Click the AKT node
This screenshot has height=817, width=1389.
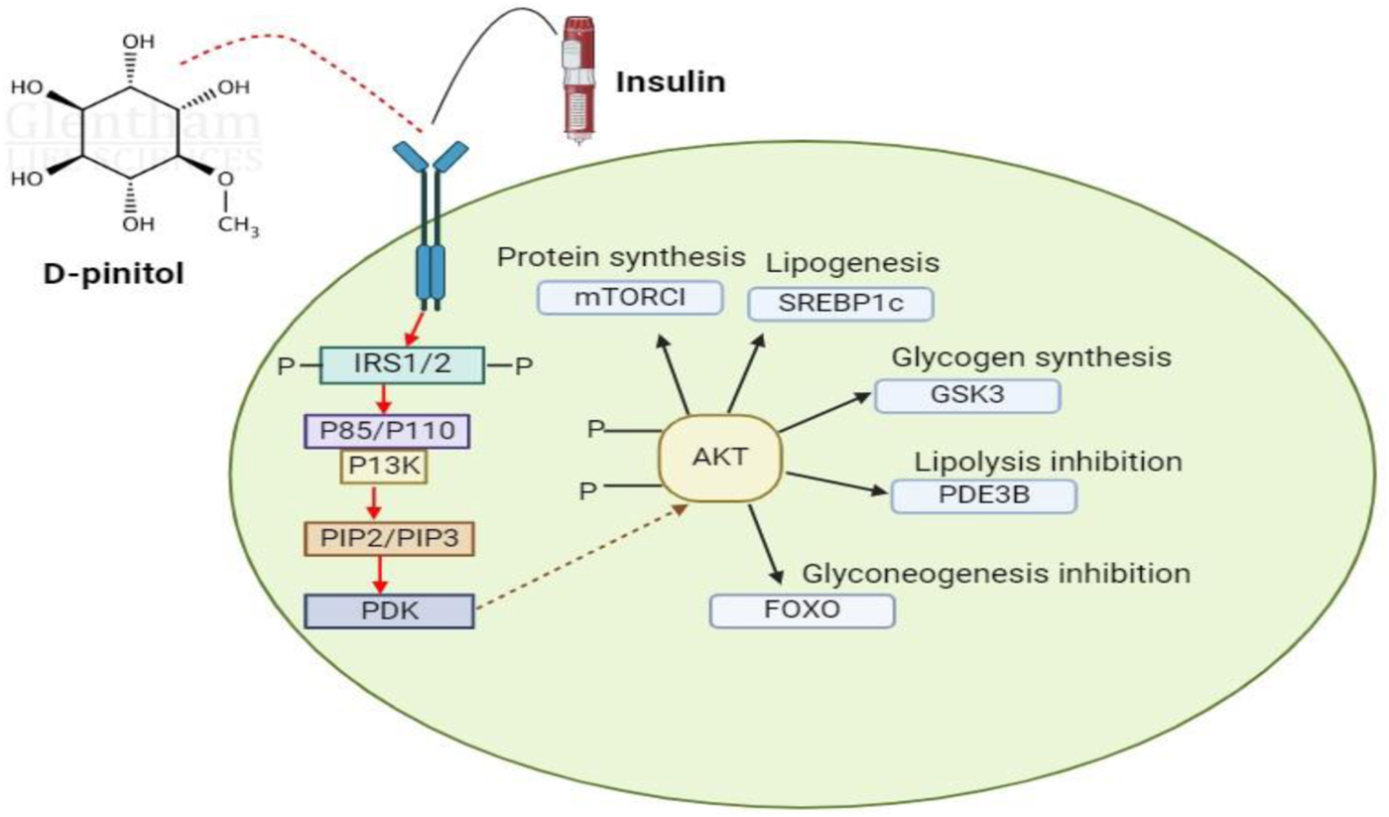[720, 459]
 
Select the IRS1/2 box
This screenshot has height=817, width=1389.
[402, 365]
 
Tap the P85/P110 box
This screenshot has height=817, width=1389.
[385, 431]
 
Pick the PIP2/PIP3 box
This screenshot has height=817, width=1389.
[389, 538]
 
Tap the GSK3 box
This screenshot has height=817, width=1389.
[966, 395]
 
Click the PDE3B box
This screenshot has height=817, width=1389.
[983, 495]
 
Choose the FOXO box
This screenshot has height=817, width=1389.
[803, 610]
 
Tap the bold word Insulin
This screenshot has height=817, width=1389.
[671, 80]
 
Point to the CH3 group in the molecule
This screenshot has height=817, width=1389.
[238, 226]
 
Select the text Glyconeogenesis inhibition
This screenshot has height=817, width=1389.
[995, 573]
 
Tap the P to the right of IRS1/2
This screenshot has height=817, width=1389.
[525, 367]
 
